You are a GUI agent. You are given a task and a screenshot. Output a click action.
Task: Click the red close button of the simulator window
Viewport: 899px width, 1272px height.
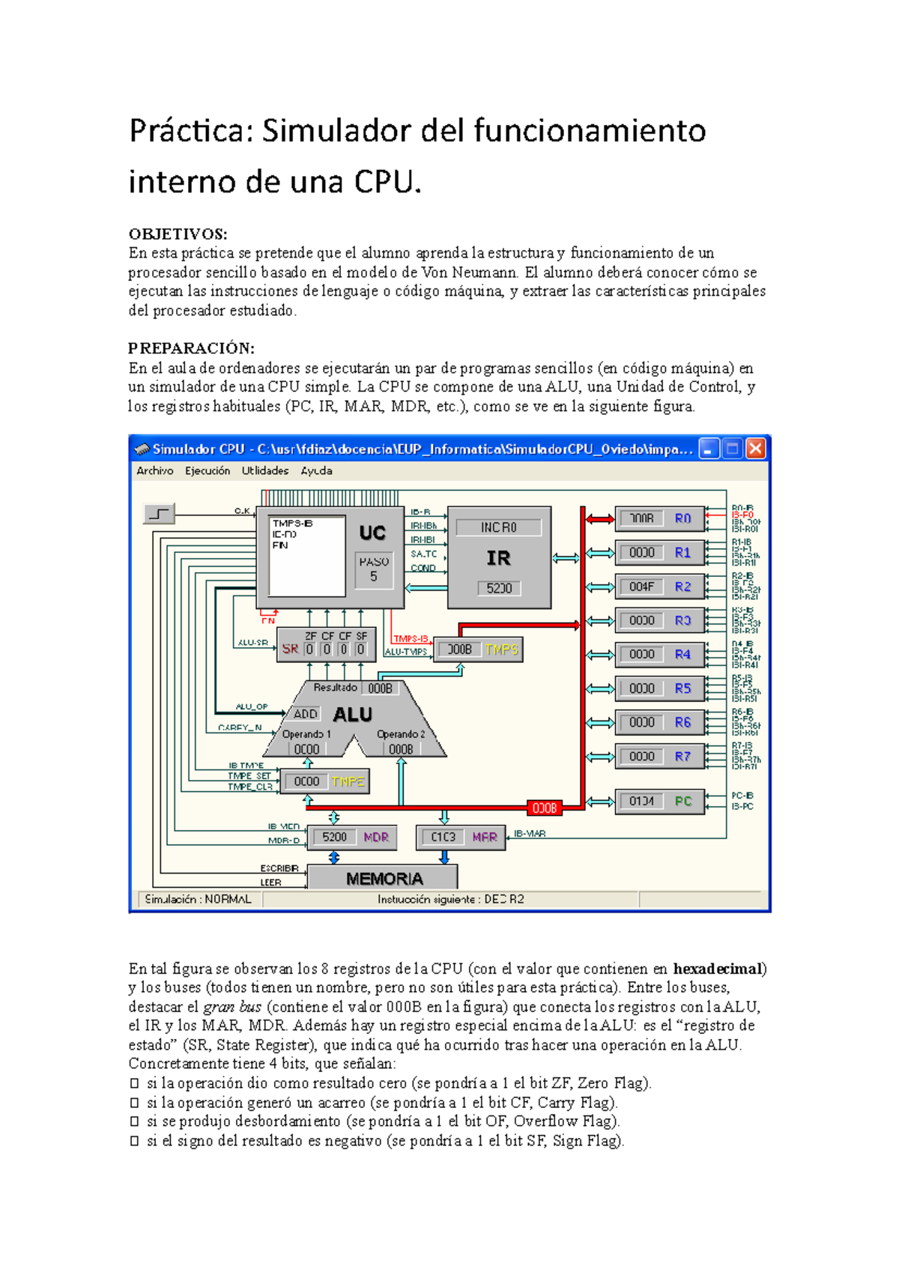756,449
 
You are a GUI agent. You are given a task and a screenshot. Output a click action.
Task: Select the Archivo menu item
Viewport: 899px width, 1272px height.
155,470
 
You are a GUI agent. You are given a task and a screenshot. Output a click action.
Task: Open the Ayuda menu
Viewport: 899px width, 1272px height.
316,470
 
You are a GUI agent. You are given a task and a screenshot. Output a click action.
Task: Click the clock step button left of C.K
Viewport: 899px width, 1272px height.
159,514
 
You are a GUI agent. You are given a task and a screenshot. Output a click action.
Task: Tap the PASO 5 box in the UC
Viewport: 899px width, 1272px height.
374,569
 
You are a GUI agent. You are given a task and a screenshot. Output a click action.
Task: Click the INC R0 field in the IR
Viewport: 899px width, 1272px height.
498,527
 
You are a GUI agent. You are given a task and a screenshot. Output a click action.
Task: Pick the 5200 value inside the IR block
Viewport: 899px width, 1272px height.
499,588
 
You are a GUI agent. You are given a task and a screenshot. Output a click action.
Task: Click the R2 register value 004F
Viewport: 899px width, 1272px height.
641,587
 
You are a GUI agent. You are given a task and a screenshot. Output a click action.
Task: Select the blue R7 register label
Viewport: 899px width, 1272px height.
682,757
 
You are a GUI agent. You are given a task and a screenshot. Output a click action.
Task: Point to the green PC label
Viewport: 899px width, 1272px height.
682,802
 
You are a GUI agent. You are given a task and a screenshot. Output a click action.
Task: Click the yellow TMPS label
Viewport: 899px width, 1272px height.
501,649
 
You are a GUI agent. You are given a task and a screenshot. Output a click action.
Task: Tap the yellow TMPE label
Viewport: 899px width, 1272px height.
348,781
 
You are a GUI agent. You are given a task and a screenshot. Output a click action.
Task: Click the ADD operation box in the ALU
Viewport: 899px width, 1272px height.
305,714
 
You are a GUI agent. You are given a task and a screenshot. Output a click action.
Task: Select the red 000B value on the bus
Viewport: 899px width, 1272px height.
545,808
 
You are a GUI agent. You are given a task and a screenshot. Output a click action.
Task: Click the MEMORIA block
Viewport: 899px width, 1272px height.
384,878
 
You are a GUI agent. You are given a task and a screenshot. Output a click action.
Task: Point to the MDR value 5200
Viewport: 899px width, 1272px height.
334,837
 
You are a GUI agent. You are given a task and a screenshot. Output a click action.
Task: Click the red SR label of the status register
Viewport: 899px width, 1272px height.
290,649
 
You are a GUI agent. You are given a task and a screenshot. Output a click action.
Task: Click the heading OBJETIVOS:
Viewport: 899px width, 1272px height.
178,234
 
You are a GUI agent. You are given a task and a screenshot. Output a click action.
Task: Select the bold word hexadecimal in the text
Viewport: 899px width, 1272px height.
718,969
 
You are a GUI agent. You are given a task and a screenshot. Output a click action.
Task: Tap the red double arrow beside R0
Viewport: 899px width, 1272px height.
599,518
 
